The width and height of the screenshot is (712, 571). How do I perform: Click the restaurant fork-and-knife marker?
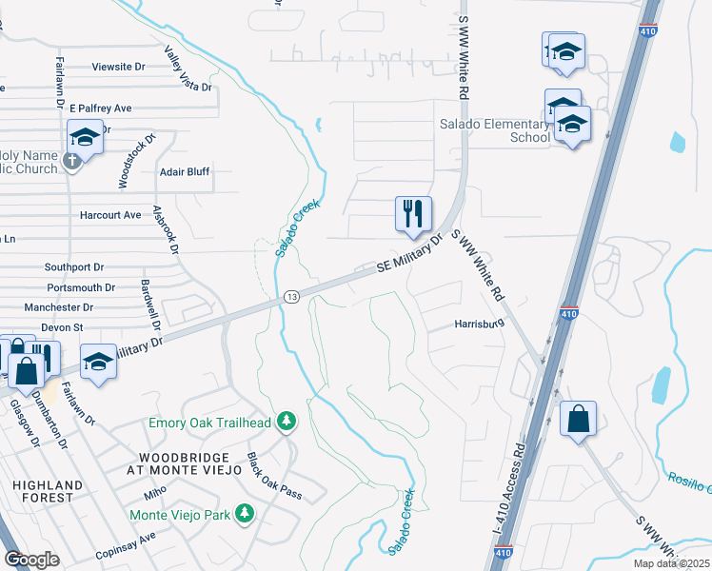[413, 214]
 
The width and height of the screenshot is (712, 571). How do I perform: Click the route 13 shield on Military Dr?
[291, 297]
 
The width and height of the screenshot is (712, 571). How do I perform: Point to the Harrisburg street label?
[478, 324]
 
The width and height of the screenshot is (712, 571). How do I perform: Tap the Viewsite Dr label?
[118, 67]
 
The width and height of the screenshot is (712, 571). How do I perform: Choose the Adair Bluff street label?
[185, 172]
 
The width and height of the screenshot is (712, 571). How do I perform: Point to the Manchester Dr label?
[59, 307]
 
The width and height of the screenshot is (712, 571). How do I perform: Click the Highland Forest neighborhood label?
[42, 491]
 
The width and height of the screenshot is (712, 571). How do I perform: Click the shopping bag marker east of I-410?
[578, 419]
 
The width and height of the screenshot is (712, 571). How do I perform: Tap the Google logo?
[32, 560]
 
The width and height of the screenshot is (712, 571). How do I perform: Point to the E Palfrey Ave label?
[100, 108]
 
